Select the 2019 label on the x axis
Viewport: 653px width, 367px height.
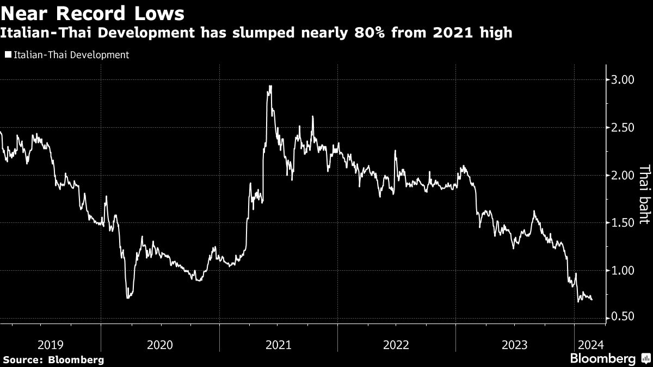click(51, 344)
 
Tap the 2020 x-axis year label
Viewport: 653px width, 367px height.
click(160, 344)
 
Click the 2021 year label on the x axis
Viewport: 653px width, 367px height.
click(278, 344)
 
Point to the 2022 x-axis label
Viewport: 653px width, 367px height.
click(396, 344)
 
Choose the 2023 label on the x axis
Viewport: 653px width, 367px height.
click(514, 344)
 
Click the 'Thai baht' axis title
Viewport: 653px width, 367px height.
click(644, 195)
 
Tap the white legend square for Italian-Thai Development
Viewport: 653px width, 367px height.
click(8, 55)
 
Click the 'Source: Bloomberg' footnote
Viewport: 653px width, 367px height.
click(53, 359)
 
